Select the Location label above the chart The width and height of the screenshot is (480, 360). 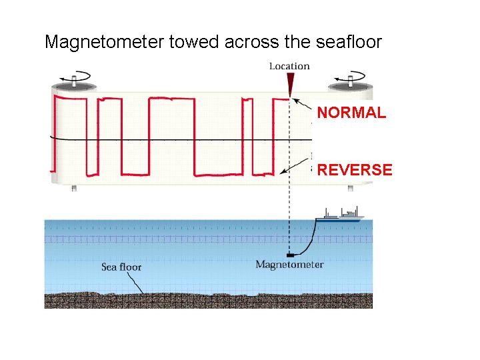289,66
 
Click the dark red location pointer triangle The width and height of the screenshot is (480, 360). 290,83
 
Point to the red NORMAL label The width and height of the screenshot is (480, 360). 351,113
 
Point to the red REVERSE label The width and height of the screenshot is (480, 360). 355,170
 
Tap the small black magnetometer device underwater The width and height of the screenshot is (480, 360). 289,255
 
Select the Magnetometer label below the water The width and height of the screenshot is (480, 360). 289,265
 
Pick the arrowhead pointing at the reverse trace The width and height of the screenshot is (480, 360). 283,172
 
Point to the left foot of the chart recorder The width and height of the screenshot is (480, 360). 73,189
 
